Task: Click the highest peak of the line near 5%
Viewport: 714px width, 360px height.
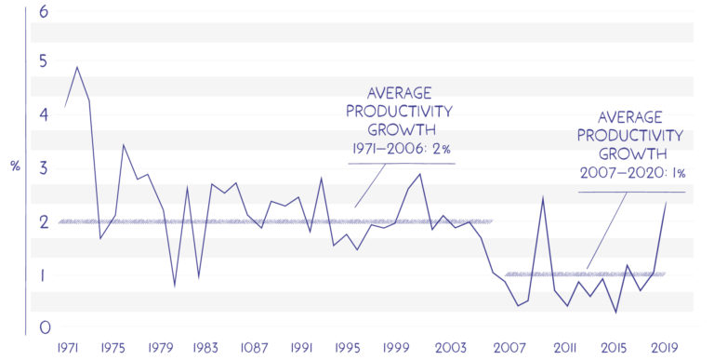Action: coord(76,67)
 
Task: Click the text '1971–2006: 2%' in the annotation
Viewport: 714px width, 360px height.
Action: coord(402,150)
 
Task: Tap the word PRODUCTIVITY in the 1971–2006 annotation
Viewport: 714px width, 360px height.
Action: coord(402,112)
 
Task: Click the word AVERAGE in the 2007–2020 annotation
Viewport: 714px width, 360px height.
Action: coord(630,117)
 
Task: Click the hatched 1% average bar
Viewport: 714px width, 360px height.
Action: coord(586,274)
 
